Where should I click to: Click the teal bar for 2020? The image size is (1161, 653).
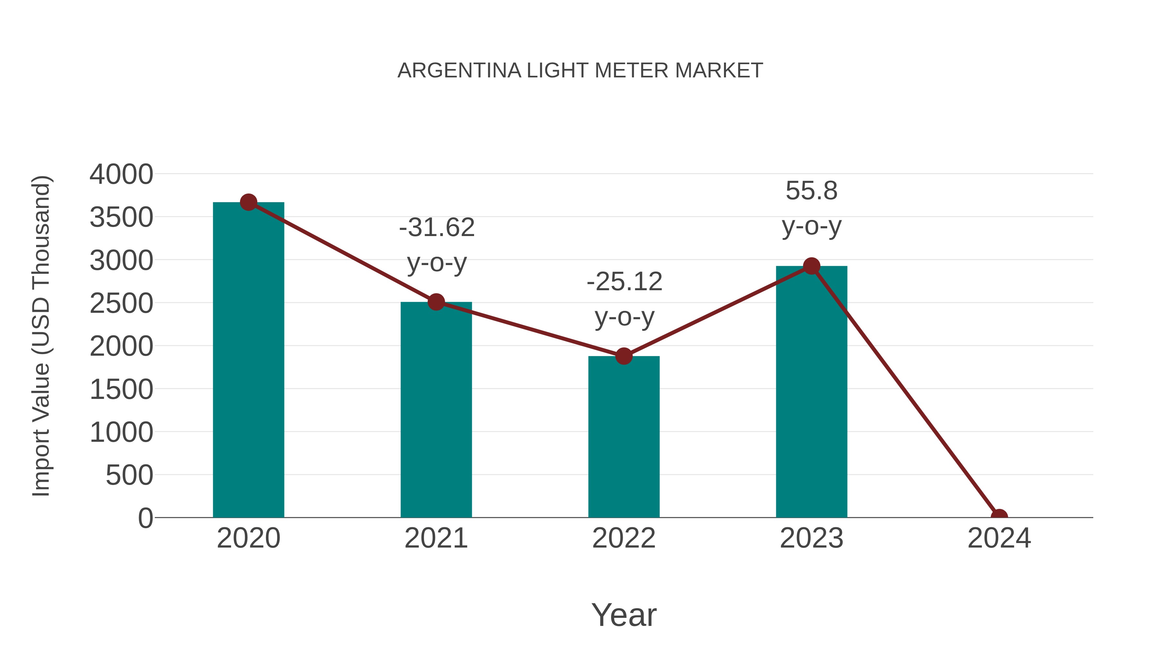tap(248, 361)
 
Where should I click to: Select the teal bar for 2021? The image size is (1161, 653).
tap(436, 410)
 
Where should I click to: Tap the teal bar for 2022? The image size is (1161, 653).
tap(624, 437)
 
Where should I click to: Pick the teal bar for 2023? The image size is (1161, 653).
tap(811, 392)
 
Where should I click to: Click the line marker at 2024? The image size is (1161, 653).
tap(999, 517)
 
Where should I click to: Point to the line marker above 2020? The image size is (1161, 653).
tap(248, 202)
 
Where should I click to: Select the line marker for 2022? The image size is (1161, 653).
tap(624, 356)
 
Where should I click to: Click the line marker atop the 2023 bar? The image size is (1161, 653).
tap(811, 266)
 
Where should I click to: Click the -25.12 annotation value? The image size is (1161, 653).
tap(624, 282)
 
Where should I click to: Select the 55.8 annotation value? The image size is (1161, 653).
tap(811, 191)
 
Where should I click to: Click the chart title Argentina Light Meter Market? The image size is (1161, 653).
tap(580, 71)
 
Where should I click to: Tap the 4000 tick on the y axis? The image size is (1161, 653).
tap(121, 174)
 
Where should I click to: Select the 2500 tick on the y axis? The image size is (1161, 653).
tap(121, 303)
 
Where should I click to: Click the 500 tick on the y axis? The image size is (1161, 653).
tap(129, 475)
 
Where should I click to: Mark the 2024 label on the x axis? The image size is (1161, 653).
tap(999, 538)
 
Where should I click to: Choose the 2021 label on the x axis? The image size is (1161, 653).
tap(436, 538)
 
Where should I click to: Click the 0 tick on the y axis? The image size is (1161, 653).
tap(145, 518)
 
